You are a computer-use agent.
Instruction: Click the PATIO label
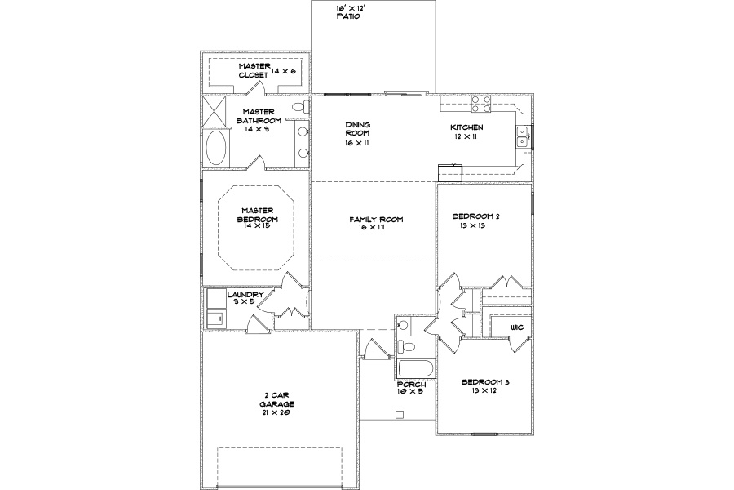[x=348, y=16]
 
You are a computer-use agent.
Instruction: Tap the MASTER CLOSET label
[x=254, y=70]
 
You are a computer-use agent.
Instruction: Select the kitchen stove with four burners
[x=481, y=104]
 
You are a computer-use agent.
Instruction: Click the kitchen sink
[x=523, y=137]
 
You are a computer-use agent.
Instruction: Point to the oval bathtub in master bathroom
[x=216, y=147]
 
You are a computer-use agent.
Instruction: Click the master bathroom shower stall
[x=214, y=111]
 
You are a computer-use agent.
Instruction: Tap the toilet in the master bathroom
[x=303, y=107]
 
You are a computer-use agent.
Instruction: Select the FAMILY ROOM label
[x=376, y=220]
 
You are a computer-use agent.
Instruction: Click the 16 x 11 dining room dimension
[x=357, y=143]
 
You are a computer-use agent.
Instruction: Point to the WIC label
[x=517, y=327]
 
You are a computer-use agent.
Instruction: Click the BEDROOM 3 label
[x=485, y=382]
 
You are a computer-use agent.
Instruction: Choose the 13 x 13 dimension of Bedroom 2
[x=472, y=225]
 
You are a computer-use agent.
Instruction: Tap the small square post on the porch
[x=400, y=415]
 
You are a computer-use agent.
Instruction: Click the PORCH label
[x=412, y=385]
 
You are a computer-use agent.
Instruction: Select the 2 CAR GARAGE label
[x=276, y=400]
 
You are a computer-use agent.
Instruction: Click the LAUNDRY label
[x=245, y=295]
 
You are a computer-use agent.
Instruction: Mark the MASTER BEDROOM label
[x=258, y=215]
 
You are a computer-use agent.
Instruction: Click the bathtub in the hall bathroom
[x=416, y=369]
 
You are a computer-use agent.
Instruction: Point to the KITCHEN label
[x=466, y=127]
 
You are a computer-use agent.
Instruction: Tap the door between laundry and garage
[x=258, y=325]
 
